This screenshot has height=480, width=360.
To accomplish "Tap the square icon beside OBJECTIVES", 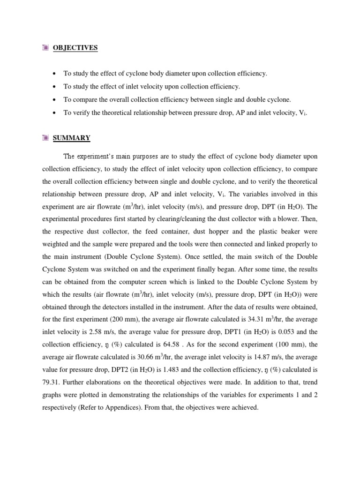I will point(45,48).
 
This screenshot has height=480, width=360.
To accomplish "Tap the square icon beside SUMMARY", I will point(45,138).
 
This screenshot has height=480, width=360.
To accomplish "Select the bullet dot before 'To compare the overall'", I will point(55,100).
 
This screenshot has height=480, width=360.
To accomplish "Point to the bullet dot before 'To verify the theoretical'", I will point(55,113).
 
